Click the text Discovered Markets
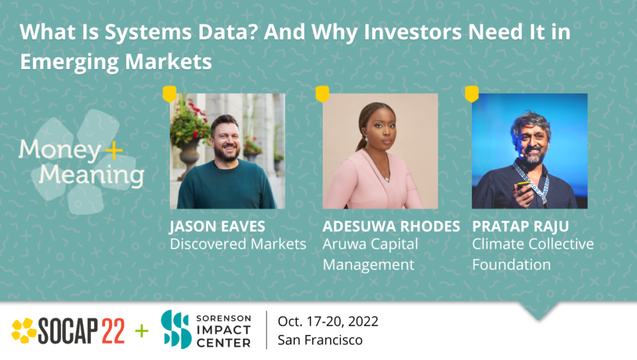click(x=238, y=244)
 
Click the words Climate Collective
click(x=533, y=244)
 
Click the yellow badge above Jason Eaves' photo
click(x=169, y=94)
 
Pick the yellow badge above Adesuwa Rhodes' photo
click(x=322, y=94)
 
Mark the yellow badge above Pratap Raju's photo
click(x=472, y=94)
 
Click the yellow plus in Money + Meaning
click(x=113, y=150)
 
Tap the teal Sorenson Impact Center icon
click(x=175, y=330)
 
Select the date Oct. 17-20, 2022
click(x=328, y=321)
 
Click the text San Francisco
click(x=320, y=340)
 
